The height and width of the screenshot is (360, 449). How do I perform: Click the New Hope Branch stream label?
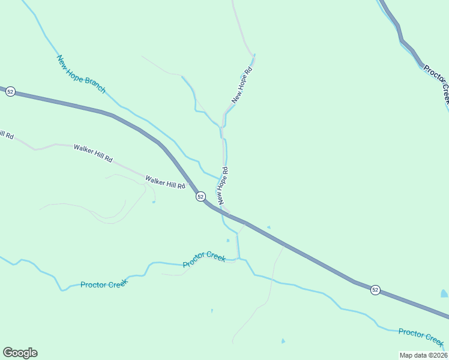coord(81,74)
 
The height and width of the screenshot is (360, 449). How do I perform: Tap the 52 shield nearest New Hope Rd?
coord(200,197)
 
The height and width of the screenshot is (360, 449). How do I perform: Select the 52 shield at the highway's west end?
coord(10,92)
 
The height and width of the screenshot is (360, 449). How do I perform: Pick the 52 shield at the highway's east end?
coord(375,290)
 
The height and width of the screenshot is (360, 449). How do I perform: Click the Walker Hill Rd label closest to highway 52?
coord(165,182)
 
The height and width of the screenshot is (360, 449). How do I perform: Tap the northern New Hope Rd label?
coord(243,85)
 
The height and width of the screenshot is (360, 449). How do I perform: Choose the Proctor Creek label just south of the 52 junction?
coord(205,259)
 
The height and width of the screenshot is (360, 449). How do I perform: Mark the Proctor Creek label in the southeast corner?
coord(421,337)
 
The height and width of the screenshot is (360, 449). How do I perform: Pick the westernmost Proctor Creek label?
coord(104,284)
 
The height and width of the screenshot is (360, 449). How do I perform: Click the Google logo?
coord(20,353)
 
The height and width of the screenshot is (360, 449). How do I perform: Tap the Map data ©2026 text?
coord(424,355)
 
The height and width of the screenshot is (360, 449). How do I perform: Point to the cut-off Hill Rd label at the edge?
coord(6,134)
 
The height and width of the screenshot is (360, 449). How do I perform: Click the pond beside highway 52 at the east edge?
coord(444,293)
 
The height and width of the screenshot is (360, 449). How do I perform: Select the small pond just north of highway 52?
coord(268,227)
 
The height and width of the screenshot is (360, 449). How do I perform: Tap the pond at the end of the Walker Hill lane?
coord(154,202)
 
